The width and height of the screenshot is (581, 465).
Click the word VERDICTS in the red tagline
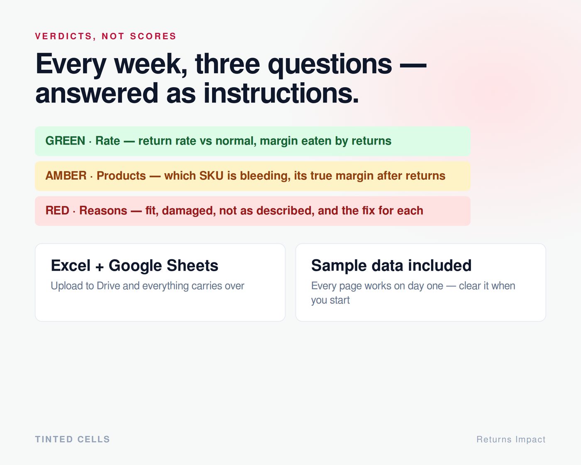(x=64, y=36)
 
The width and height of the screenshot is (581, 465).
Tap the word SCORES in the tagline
(x=153, y=36)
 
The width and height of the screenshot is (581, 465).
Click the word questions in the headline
(x=330, y=65)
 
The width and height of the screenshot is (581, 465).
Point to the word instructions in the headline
(x=281, y=93)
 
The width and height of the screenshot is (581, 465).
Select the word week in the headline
(x=151, y=64)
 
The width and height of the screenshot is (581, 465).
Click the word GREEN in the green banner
(x=65, y=141)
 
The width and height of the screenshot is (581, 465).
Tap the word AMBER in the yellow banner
(x=66, y=176)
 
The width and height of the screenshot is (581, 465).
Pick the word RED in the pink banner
(x=57, y=210)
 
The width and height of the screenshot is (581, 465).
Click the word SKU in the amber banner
(x=211, y=176)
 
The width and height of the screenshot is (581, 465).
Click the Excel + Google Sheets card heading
(x=134, y=266)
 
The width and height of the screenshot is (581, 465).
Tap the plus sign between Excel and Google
(x=100, y=267)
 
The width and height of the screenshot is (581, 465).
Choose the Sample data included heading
(x=391, y=265)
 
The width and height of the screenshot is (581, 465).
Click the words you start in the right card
(x=330, y=300)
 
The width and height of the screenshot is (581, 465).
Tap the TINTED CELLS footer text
(x=72, y=439)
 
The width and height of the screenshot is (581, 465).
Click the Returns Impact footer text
(x=511, y=440)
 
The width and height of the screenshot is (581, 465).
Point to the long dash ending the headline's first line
(x=413, y=65)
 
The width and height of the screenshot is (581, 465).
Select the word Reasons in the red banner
(x=103, y=210)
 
